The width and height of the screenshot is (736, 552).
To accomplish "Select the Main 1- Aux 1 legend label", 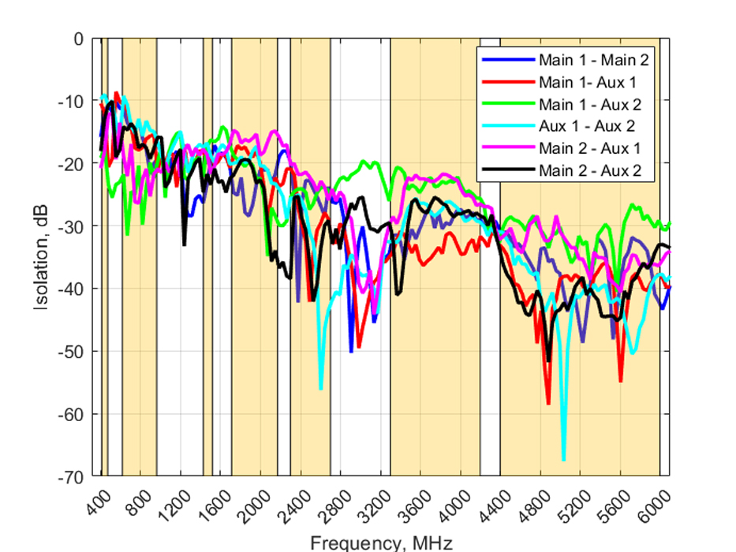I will pos(588,81).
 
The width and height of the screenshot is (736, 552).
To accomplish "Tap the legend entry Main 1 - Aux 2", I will pos(588,103).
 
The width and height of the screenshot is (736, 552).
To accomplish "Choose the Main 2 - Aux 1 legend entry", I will pos(588,147).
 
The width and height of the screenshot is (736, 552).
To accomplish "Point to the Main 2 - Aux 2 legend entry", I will pos(588,170).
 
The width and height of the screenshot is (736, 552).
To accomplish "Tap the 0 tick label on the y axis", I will pos(78,38).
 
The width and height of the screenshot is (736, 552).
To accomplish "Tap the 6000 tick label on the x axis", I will pos(656,502).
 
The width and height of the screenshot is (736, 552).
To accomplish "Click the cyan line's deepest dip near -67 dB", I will pos(563,460).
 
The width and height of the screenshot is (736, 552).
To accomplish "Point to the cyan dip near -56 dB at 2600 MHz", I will pos(320,389).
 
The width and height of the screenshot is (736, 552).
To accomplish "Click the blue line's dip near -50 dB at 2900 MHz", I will pos(351,352).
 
